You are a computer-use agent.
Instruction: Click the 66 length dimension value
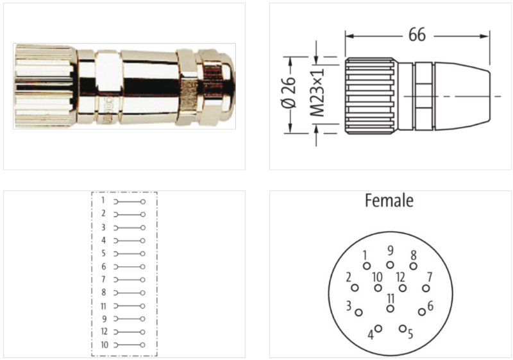pos(417,35)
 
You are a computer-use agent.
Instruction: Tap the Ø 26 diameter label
pos(289,92)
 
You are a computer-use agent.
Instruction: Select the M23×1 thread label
pos(317,92)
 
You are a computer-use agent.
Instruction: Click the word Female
pos(389,201)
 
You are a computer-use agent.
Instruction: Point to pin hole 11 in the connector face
pos(390,308)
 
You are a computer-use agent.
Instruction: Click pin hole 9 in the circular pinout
pos(390,265)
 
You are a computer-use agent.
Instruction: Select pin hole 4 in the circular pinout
pos(378,329)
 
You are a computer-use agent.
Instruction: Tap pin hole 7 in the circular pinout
pos(426,288)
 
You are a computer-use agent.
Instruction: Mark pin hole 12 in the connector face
pos(403,288)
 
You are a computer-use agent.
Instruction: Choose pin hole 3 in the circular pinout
pos(358,313)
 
